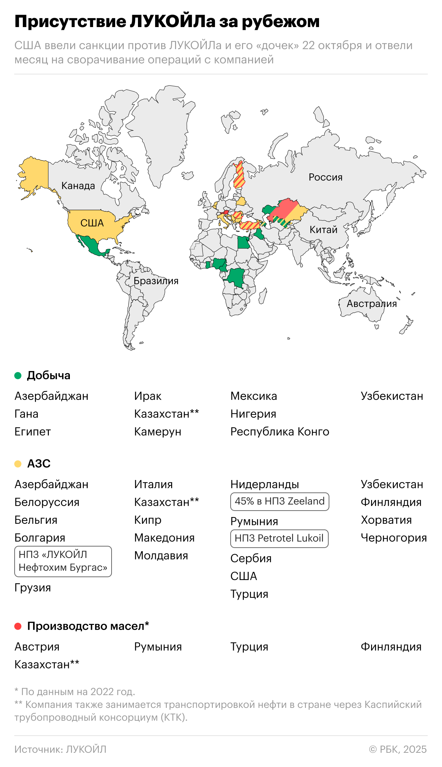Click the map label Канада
pyautogui.click(x=78, y=186)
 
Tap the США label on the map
pyautogui.click(x=92, y=223)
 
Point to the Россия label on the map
pyautogui.click(x=325, y=177)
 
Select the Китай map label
pyautogui.click(x=323, y=230)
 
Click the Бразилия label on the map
pyautogui.click(x=156, y=281)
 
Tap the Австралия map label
pyautogui.click(x=371, y=304)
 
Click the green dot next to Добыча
pyautogui.click(x=18, y=376)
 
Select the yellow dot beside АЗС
pyautogui.click(x=18, y=464)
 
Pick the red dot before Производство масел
pyautogui.click(x=18, y=626)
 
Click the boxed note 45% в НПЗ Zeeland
pyautogui.click(x=279, y=501)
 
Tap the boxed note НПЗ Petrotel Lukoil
pyautogui.click(x=279, y=538)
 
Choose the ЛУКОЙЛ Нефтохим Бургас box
pyautogui.click(x=63, y=561)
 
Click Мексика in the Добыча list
pyautogui.click(x=253, y=396)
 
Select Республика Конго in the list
pyautogui.click(x=279, y=432)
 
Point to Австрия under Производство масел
pyautogui.click(x=37, y=647)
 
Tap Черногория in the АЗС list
pyautogui.click(x=394, y=538)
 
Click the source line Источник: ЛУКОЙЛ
pyautogui.click(x=60, y=750)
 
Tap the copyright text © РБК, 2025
pyautogui.click(x=398, y=750)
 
